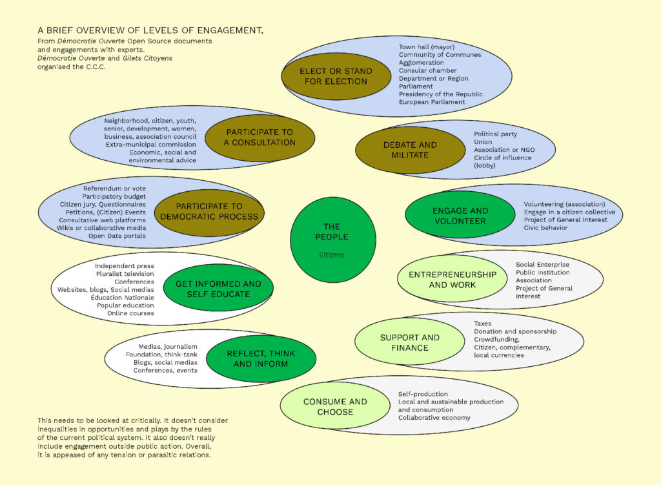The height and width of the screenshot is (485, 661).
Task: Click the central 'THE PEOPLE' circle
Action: coord(332,232)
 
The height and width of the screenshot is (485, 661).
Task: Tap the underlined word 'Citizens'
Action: coord(332,254)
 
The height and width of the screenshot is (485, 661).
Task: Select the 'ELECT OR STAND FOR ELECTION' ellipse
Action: coord(336,76)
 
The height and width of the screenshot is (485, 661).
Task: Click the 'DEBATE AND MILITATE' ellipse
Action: coord(410,150)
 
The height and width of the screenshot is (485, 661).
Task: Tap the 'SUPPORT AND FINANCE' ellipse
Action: coord(409,342)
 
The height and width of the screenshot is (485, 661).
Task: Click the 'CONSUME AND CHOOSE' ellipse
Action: coord(335,406)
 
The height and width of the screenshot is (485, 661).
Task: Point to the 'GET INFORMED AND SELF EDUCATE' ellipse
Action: coord(218,289)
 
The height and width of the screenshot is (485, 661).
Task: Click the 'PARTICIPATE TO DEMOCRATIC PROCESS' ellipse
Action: coord(209,212)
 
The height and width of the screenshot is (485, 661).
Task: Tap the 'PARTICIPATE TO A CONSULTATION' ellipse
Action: coord(259,138)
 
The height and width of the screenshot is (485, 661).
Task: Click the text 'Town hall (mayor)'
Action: coord(427,47)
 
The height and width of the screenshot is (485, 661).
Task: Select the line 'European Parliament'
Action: coord(432,102)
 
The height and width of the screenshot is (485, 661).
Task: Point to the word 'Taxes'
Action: coord(483,323)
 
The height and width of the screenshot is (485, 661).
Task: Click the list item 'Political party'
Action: coord(496,134)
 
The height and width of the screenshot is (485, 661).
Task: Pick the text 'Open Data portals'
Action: coord(117,236)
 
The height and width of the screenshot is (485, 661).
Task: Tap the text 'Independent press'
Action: coord(125,265)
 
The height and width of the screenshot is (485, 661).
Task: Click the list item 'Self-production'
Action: coord(423,394)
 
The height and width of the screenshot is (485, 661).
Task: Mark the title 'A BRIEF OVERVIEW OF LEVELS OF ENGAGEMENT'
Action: coord(150,30)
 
